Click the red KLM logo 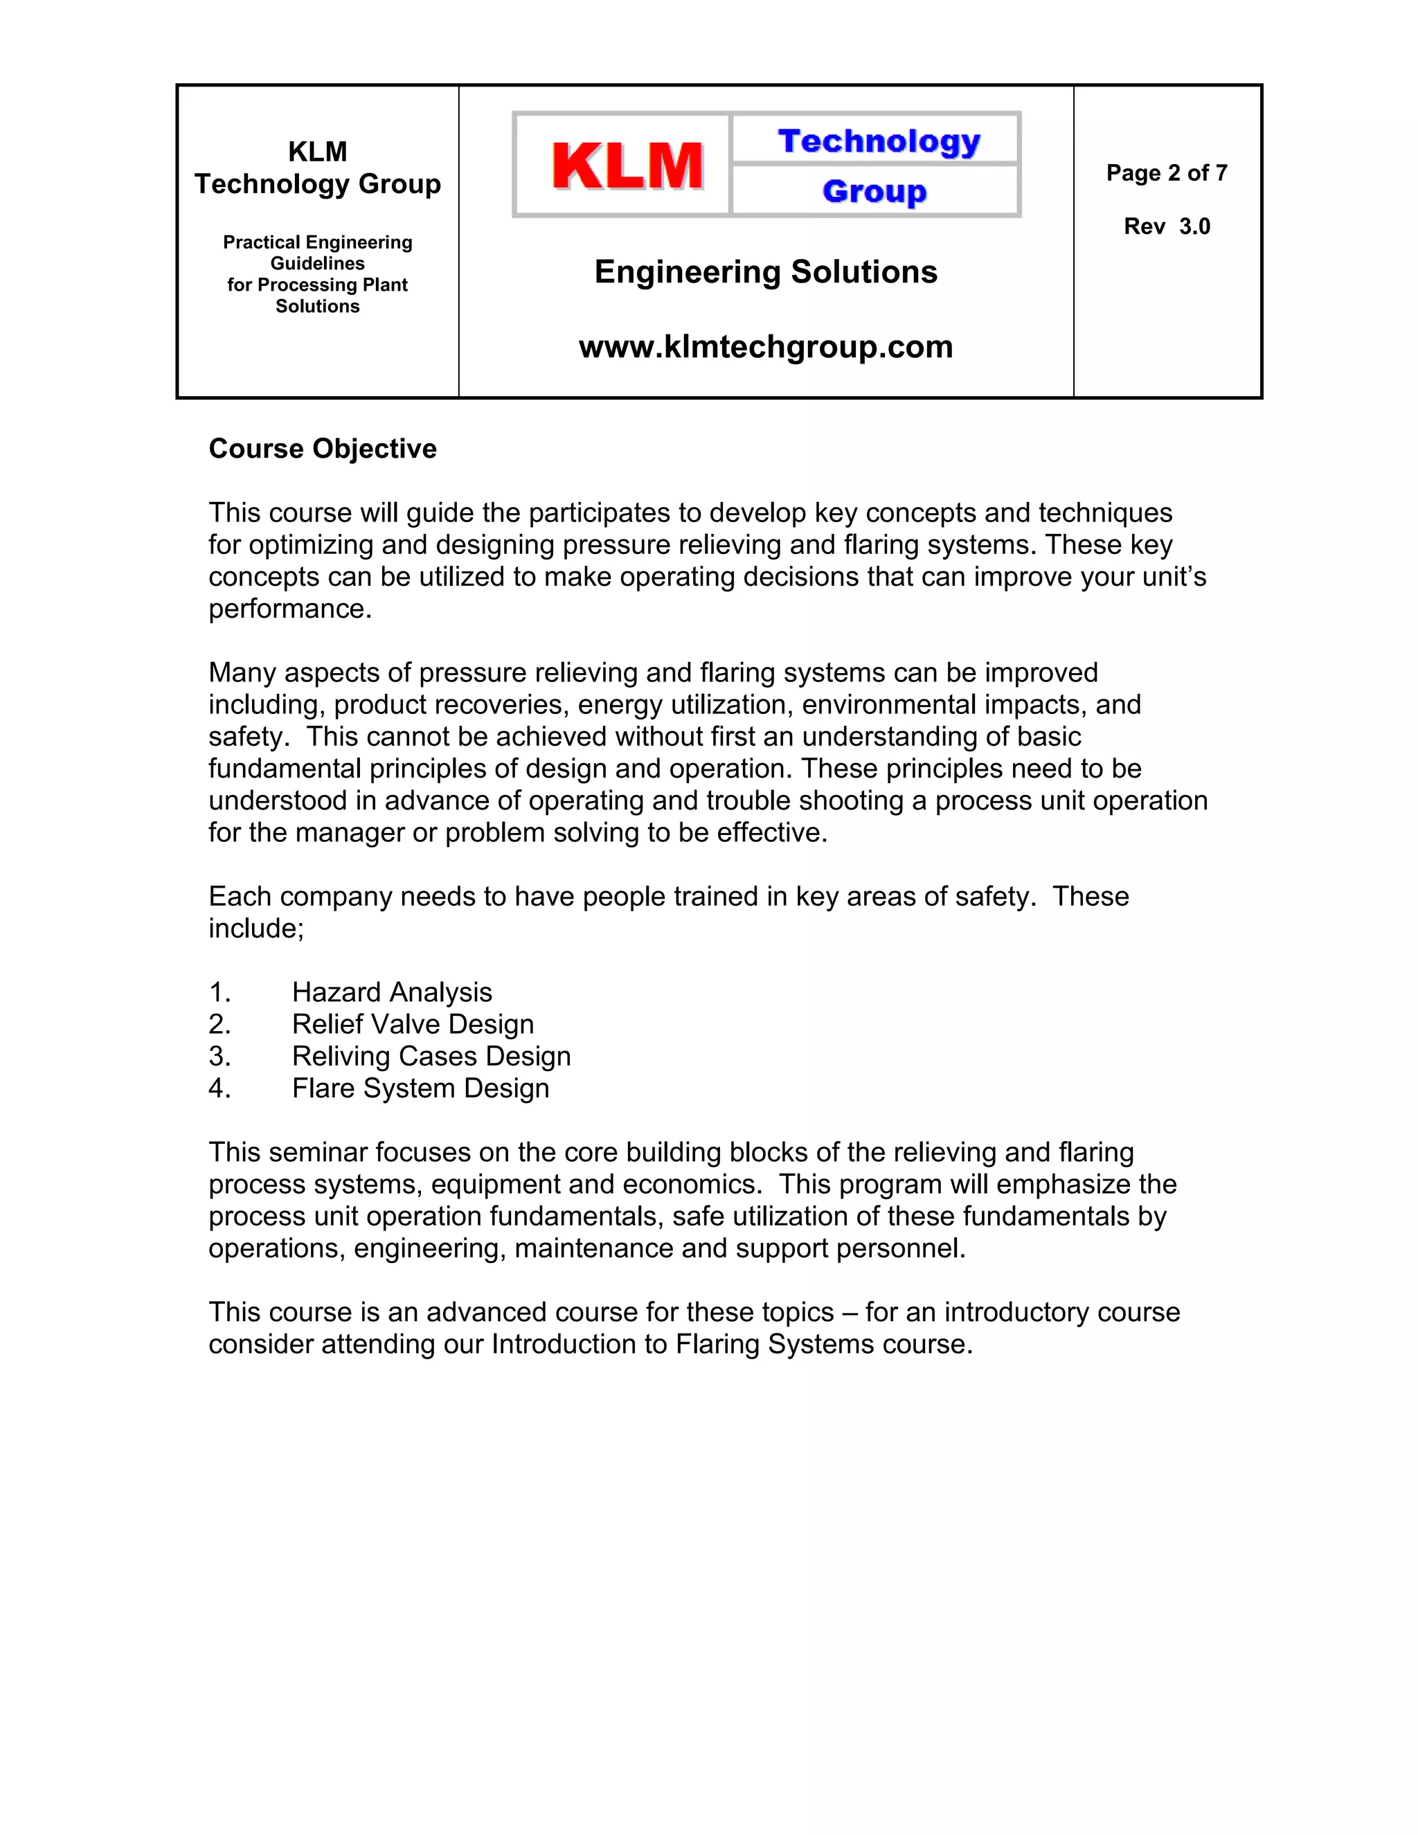click(x=627, y=165)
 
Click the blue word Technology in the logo click(x=879, y=141)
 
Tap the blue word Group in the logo click(x=874, y=192)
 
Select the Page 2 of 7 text click(x=1166, y=173)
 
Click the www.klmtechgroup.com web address click(x=765, y=347)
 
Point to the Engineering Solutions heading click(x=765, y=272)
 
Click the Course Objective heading click(x=323, y=449)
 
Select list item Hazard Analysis click(x=391, y=992)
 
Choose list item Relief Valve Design click(x=413, y=1024)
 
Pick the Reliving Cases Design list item click(x=431, y=1056)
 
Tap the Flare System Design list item click(x=420, y=1088)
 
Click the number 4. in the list click(x=219, y=1088)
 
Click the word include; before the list click(x=255, y=929)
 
